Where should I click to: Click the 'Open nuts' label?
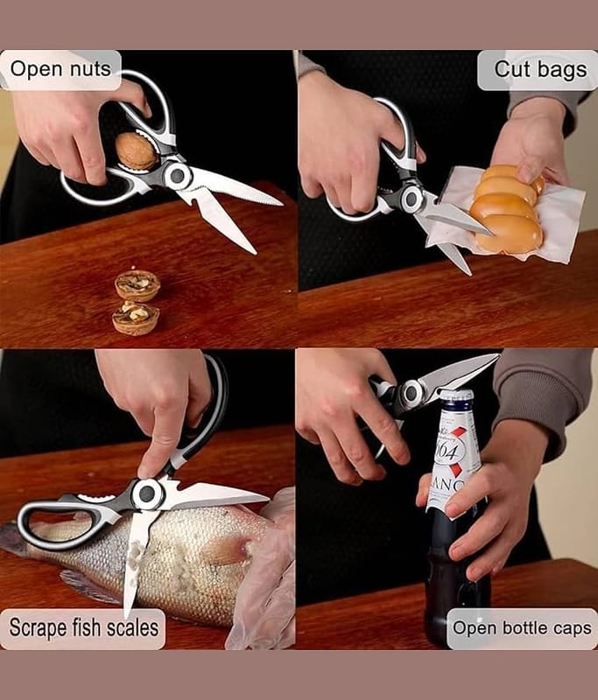60,70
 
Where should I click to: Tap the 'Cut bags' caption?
540,70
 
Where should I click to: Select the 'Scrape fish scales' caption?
83,627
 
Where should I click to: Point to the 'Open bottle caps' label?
522,628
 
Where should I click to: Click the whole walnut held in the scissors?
137,150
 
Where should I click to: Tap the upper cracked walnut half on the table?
137,286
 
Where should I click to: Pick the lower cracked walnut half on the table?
136,318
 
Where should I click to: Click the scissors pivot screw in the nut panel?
178,176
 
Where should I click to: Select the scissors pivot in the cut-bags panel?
412,199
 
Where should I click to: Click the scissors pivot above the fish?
146,493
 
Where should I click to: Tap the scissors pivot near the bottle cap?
411,393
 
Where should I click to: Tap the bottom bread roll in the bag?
509,234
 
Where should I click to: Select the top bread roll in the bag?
514,174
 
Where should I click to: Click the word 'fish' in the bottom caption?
87,627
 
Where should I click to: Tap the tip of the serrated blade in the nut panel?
281,205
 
